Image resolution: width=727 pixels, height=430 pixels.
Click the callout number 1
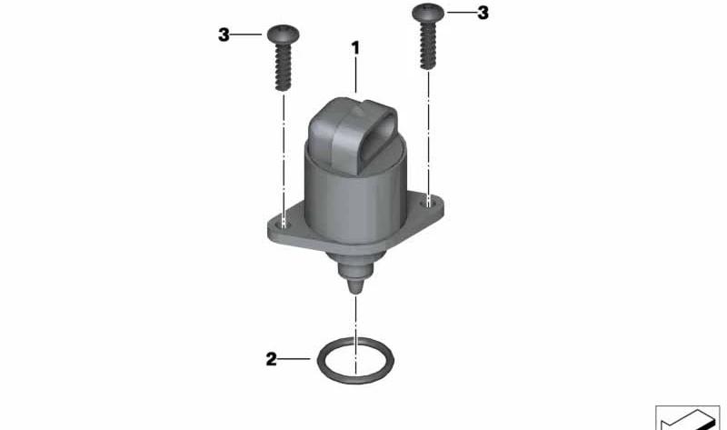click(355, 48)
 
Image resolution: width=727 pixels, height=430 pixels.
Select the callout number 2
click(271, 359)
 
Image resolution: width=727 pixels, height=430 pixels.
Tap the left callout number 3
click(224, 35)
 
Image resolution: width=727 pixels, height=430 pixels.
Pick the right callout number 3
click(483, 13)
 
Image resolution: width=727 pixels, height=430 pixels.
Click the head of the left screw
click(284, 35)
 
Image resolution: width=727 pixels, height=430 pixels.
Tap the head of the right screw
click(428, 13)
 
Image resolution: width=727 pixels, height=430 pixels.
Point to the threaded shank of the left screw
click(284, 67)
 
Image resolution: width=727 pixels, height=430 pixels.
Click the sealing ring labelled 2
click(317, 360)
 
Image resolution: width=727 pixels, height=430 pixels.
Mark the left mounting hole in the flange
click(284, 225)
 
